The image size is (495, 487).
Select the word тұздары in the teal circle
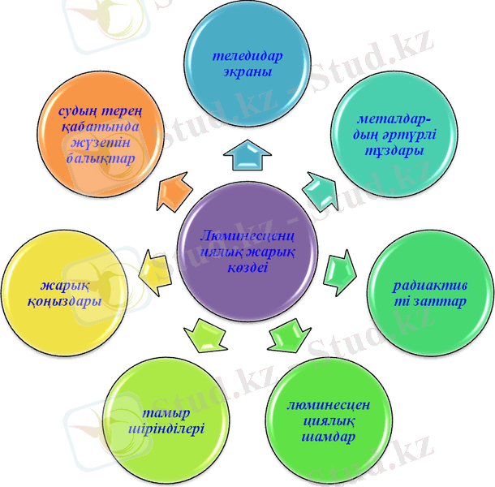coord(395,152)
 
